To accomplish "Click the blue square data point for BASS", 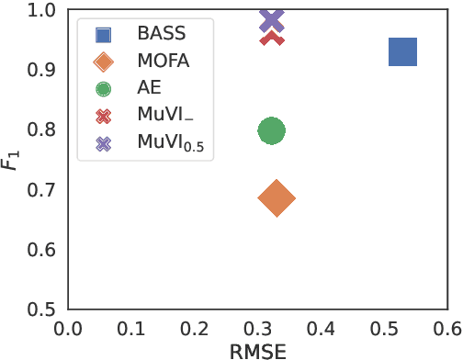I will [x=402, y=52].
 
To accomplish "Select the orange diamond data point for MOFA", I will [x=277, y=197].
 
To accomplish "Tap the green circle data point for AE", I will [x=271, y=130].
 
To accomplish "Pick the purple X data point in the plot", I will [x=272, y=20].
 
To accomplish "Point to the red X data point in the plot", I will [x=272, y=38].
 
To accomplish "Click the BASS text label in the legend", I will [x=161, y=35].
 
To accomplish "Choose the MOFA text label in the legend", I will [x=163, y=62].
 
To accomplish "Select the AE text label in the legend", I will [x=148, y=88].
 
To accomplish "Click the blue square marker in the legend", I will [x=104, y=35].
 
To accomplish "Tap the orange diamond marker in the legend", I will [x=104, y=62].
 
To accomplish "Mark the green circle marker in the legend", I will [x=104, y=89].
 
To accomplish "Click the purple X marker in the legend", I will [x=104, y=143].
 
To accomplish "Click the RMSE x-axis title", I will [x=258, y=351].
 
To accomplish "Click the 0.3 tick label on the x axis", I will [x=257, y=328].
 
